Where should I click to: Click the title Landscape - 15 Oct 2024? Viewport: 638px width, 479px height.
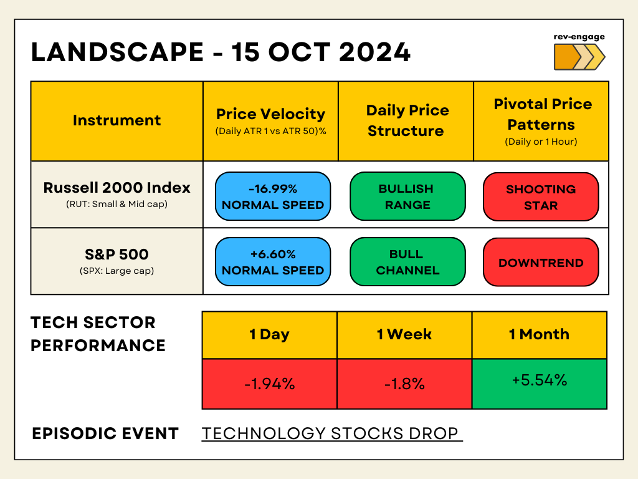pos(221,52)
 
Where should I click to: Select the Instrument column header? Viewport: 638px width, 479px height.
pos(117,121)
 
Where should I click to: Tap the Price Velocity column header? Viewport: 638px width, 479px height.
pos(270,121)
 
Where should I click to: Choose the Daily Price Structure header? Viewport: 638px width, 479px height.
pos(406,121)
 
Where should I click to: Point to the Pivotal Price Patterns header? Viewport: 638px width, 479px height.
pos(541,121)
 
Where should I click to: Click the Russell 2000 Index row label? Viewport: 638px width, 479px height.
pos(117,194)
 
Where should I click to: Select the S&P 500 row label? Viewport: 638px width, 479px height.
pos(117,261)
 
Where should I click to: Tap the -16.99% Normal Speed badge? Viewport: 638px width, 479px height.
pos(273,196)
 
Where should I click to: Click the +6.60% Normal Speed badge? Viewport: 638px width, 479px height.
pos(273,262)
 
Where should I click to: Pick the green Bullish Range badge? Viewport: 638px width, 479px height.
pos(407,196)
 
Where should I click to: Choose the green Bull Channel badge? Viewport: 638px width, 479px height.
pos(407,262)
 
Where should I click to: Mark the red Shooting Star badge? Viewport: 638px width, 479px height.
pos(541,197)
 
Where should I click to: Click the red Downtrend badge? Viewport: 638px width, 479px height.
pos(541,263)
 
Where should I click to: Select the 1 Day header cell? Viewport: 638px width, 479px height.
pos(269,335)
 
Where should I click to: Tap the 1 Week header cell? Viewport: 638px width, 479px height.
pos(404,335)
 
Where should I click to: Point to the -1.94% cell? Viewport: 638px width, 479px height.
pos(269,384)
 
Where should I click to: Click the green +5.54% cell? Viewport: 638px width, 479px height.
pos(539,384)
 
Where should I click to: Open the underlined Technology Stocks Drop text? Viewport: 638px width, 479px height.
pos(331,433)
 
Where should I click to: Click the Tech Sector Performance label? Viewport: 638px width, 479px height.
pos(98,334)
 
